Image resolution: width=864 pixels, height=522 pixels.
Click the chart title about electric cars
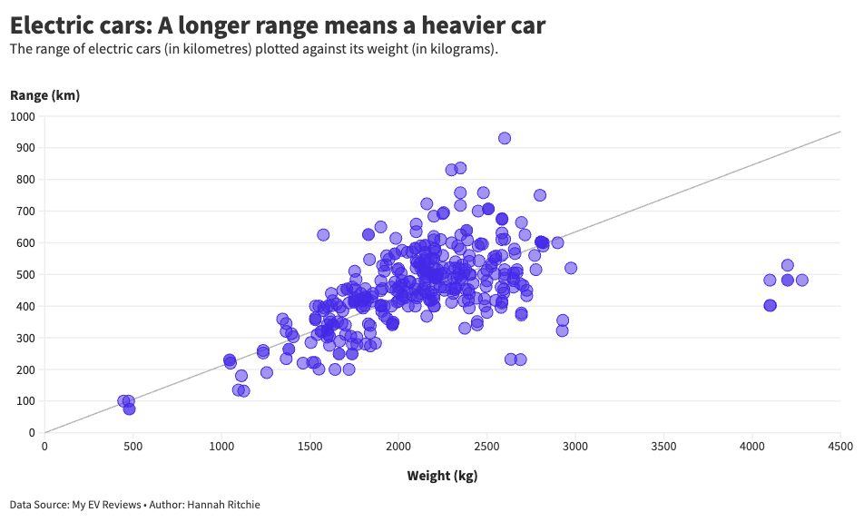tap(278, 25)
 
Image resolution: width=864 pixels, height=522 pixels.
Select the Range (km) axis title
tap(44, 95)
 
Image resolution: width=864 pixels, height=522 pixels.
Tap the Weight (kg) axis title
tap(442, 476)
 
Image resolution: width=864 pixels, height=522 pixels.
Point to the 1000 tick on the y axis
tap(21, 116)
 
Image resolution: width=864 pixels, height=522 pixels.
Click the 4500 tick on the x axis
tap(839, 446)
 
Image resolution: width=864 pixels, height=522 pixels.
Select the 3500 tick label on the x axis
tap(663, 446)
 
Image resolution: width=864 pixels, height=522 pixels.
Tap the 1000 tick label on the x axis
tap(221, 446)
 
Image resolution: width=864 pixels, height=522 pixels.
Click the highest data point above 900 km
tap(505, 138)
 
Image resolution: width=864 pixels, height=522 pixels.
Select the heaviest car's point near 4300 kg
tap(801, 280)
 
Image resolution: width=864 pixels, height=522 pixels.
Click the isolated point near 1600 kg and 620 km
tap(323, 235)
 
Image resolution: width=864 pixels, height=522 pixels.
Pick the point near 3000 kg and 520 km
tap(571, 268)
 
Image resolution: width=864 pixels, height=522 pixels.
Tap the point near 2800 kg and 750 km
tap(540, 195)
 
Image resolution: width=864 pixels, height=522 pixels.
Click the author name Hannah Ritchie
tap(223, 505)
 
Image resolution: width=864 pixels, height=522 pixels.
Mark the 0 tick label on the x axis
tap(44, 446)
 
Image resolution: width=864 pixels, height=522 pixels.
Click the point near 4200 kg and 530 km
tap(787, 265)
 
